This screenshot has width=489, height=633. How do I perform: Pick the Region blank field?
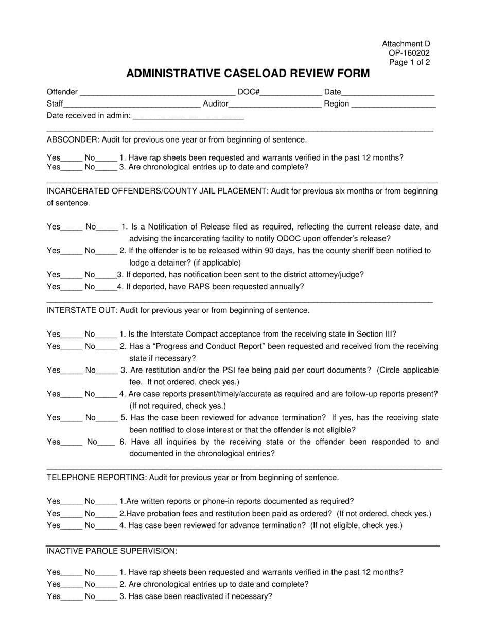(394, 104)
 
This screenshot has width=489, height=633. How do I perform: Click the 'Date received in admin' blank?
(188, 116)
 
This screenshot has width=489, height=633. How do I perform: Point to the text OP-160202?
(409, 53)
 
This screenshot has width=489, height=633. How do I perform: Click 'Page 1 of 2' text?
(409, 62)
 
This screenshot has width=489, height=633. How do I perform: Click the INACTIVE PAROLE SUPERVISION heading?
(112, 551)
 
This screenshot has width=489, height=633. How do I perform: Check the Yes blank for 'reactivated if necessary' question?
(72, 597)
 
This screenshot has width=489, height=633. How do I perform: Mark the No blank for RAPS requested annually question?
(106, 287)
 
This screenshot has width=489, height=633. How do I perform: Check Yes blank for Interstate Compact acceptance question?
(72, 335)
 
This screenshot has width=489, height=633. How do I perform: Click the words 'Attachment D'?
(406, 44)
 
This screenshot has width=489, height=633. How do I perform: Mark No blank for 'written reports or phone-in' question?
(107, 502)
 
